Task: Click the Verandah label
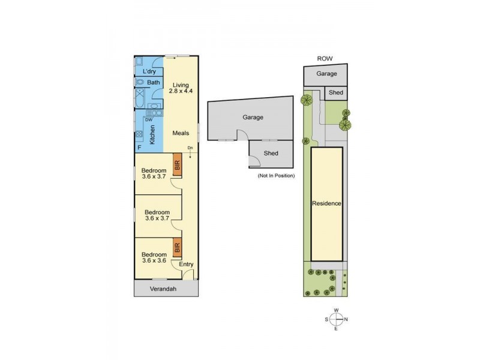pyautogui.click(x=163, y=289)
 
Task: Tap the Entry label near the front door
pyautogui.click(x=186, y=264)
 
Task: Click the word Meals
pyautogui.click(x=181, y=133)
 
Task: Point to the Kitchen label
pyautogui.click(x=152, y=134)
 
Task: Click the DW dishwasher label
pyautogui.click(x=149, y=120)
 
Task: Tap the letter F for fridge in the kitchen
pyautogui.click(x=139, y=148)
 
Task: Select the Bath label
pyautogui.click(x=154, y=82)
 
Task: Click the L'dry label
pyautogui.click(x=149, y=71)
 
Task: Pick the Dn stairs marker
pyautogui.click(x=190, y=148)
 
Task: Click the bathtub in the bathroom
pyautogui.click(x=140, y=98)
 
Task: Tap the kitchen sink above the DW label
pyautogui.click(x=155, y=113)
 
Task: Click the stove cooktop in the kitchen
pyautogui.click(x=139, y=134)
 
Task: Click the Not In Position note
pyautogui.click(x=276, y=176)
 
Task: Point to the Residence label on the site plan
pyautogui.click(x=326, y=203)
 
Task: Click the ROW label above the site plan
pyautogui.click(x=325, y=58)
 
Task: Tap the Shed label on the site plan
pyautogui.click(x=336, y=92)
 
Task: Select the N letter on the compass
pyautogui.click(x=346, y=319)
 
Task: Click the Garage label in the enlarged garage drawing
pyautogui.click(x=253, y=117)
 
